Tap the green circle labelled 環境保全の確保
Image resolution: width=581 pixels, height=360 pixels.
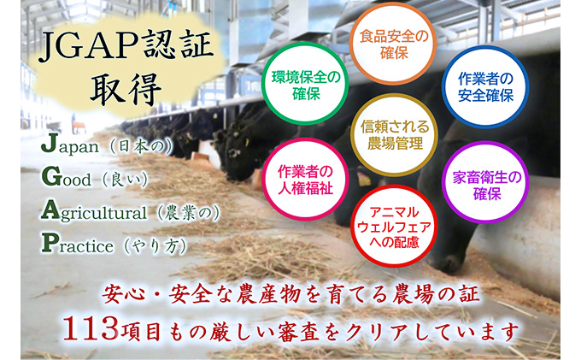click(x=305, y=84)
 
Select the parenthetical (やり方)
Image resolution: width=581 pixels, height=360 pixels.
click(x=158, y=245)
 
